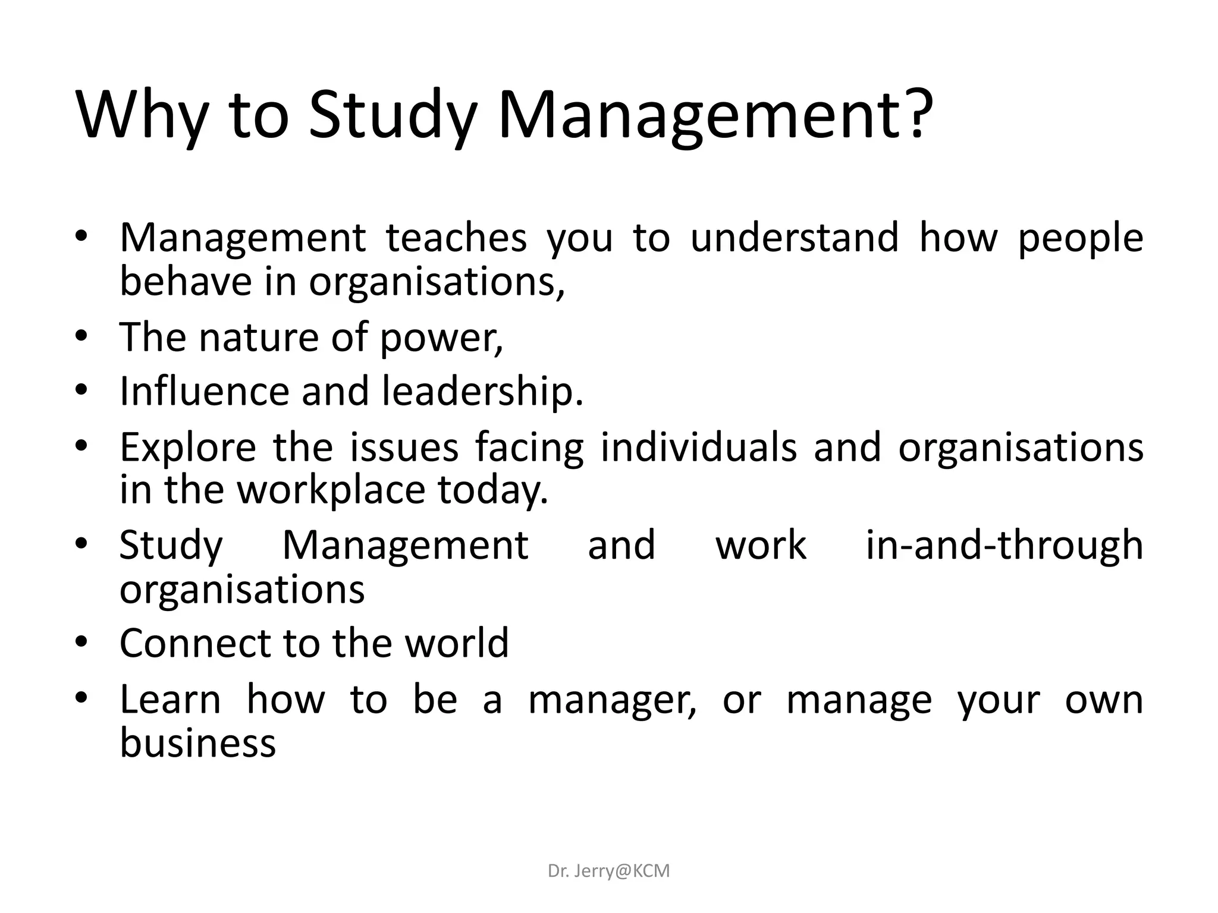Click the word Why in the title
[142, 116]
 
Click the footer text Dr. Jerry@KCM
[608, 871]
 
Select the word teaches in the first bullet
[456, 237]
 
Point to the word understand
[794, 237]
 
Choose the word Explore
[188, 448]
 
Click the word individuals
[699, 447]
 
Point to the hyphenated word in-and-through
[1004, 545]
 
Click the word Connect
[196, 643]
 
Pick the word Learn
[170, 700]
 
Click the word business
[198, 743]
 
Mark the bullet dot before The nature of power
[81, 337]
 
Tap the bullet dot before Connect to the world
[81, 643]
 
